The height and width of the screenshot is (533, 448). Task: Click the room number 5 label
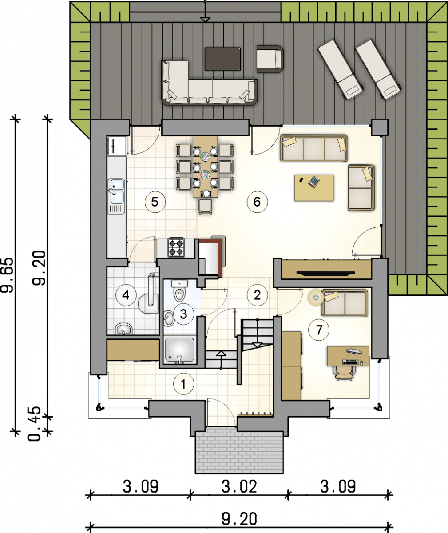pyautogui.click(x=155, y=202)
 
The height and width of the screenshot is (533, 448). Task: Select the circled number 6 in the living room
pyautogui.click(x=257, y=202)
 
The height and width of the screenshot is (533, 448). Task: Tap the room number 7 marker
pyautogui.click(x=319, y=330)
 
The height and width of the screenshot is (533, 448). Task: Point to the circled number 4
pyautogui.click(x=126, y=295)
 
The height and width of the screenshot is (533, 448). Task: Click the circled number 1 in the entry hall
pyautogui.click(x=183, y=384)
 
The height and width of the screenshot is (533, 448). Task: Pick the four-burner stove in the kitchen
pyautogui.click(x=176, y=247)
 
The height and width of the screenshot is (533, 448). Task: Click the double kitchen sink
pyautogui.click(x=117, y=196)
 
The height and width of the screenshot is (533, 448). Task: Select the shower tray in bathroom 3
pyautogui.click(x=180, y=350)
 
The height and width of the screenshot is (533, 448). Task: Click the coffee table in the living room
pyautogui.click(x=314, y=188)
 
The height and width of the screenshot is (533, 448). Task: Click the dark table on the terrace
pyautogui.click(x=223, y=59)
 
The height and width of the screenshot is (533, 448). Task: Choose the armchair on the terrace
pyautogui.click(x=270, y=59)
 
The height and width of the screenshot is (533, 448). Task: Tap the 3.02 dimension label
pyautogui.click(x=239, y=486)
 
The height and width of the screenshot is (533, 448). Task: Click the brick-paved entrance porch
pyautogui.click(x=239, y=451)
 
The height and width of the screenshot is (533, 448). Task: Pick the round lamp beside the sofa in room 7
pyautogui.click(x=316, y=297)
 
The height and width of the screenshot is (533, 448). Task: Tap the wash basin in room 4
pyautogui.click(x=124, y=329)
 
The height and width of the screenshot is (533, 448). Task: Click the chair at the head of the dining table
pyautogui.click(x=206, y=206)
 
